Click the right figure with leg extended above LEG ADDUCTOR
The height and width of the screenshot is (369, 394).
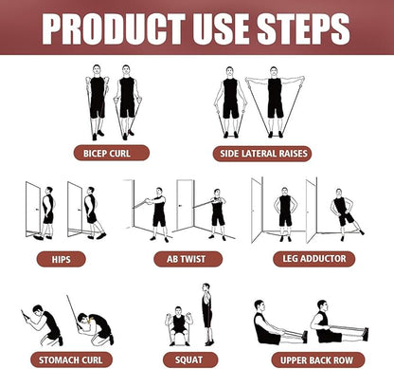point(342,212)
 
